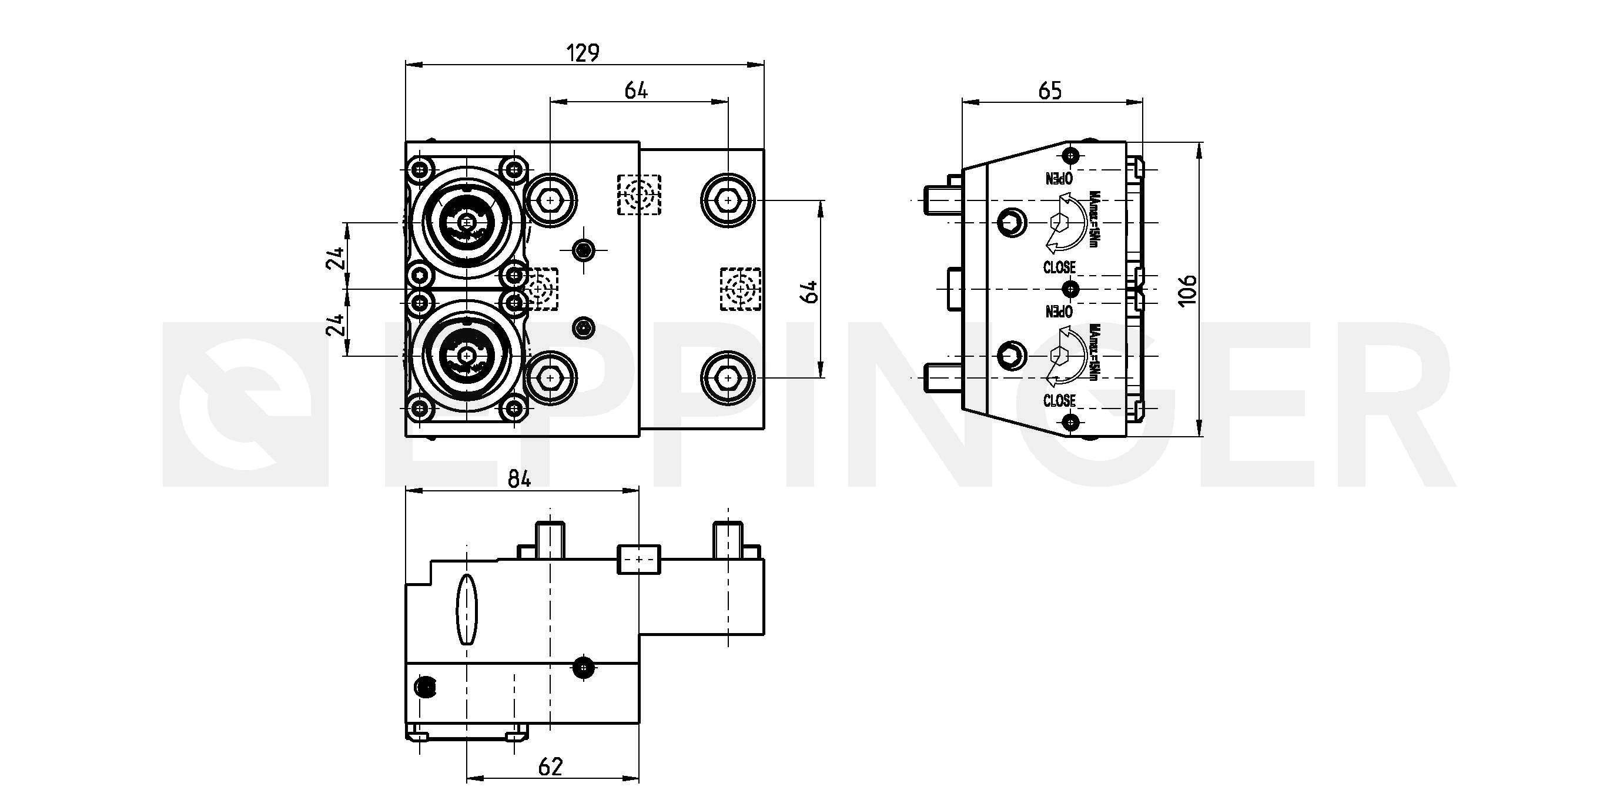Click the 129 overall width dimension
(x=583, y=53)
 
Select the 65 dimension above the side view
(x=1050, y=91)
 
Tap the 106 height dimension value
(x=1187, y=290)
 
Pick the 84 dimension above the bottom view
(x=520, y=479)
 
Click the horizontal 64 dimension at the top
(x=636, y=91)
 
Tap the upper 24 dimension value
(x=336, y=258)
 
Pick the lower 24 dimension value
(x=336, y=324)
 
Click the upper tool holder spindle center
(x=466, y=222)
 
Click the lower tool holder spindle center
(x=466, y=356)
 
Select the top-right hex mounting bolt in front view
(x=728, y=200)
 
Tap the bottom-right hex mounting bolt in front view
(x=728, y=377)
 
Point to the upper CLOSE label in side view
(x=1059, y=267)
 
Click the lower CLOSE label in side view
(x=1059, y=401)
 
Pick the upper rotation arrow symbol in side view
(x=1065, y=222)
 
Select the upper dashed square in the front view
(x=639, y=195)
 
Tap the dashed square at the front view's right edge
(x=740, y=289)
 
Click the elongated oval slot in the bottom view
(x=466, y=609)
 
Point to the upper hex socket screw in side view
(x=1011, y=222)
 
